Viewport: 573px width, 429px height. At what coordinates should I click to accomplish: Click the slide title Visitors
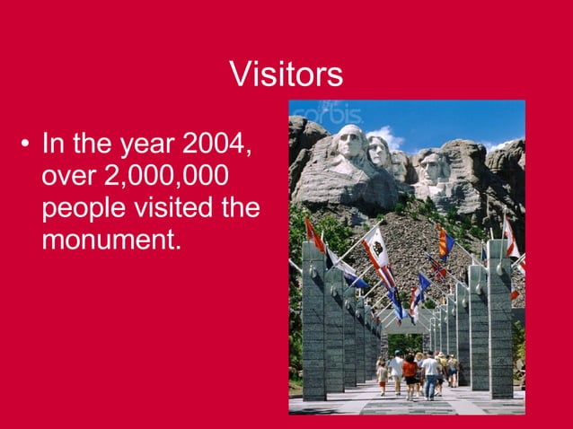coord(286,74)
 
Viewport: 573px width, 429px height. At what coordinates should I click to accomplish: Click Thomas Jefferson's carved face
coord(379,152)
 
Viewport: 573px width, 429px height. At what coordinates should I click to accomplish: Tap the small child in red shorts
coord(383,374)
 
